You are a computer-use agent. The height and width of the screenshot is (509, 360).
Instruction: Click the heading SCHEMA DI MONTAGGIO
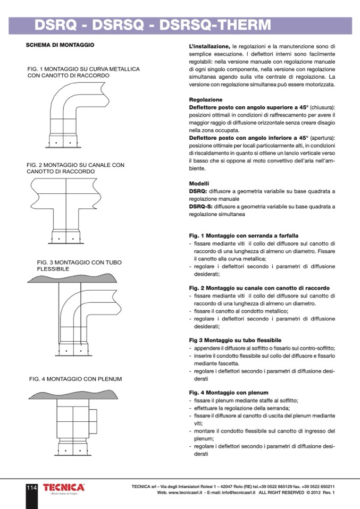coord(60,45)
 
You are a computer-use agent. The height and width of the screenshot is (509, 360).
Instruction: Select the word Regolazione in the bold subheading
coord(206,100)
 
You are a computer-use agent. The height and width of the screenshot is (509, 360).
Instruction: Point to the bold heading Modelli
coord(199,183)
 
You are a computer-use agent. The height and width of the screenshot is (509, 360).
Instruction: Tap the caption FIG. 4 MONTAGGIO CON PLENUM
coord(76,379)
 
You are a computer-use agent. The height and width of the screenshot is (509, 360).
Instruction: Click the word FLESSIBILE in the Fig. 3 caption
coord(53,269)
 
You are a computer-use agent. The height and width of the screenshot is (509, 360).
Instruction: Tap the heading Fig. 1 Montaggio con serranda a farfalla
coord(244,235)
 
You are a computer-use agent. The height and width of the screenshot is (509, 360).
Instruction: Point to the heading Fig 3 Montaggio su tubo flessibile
coord(235,340)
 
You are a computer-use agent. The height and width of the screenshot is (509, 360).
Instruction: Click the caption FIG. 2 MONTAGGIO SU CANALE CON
coord(75,165)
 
